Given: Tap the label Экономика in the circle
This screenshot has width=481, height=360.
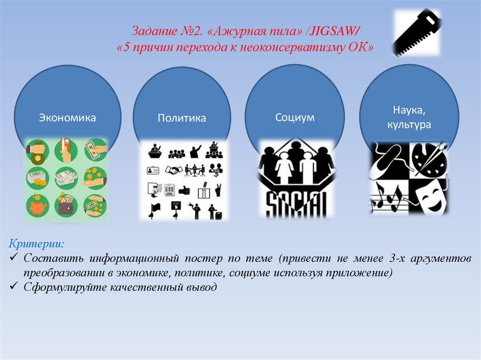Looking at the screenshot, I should (x=67, y=117).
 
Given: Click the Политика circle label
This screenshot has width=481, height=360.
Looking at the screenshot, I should (x=182, y=118).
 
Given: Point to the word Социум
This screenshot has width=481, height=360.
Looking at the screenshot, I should (x=295, y=117).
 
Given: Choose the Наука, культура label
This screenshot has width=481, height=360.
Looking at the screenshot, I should (x=409, y=118).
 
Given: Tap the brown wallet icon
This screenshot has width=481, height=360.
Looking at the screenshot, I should (x=66, y=205).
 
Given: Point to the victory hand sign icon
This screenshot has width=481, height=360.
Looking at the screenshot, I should (x=217, y=190).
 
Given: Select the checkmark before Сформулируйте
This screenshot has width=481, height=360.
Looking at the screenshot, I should (x=14, y=287).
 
